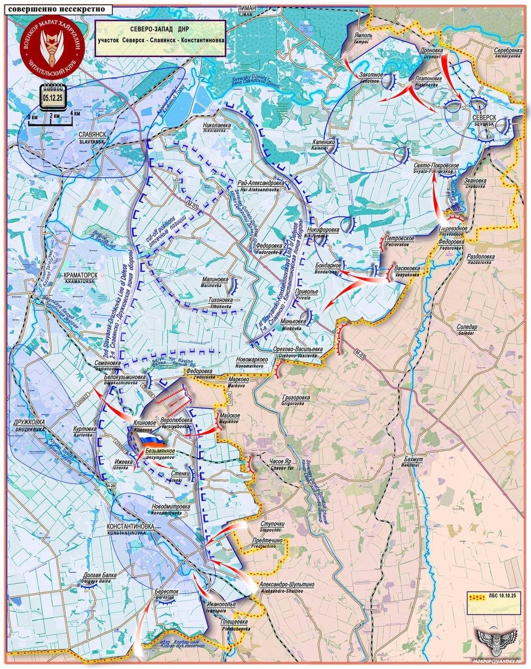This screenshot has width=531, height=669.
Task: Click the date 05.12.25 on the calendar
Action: tap(53, 97)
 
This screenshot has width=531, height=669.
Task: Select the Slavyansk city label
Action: tap(92, 137)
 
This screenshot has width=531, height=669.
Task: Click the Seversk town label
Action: tap(484, 120)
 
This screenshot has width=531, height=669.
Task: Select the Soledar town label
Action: tap(466, 329)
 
